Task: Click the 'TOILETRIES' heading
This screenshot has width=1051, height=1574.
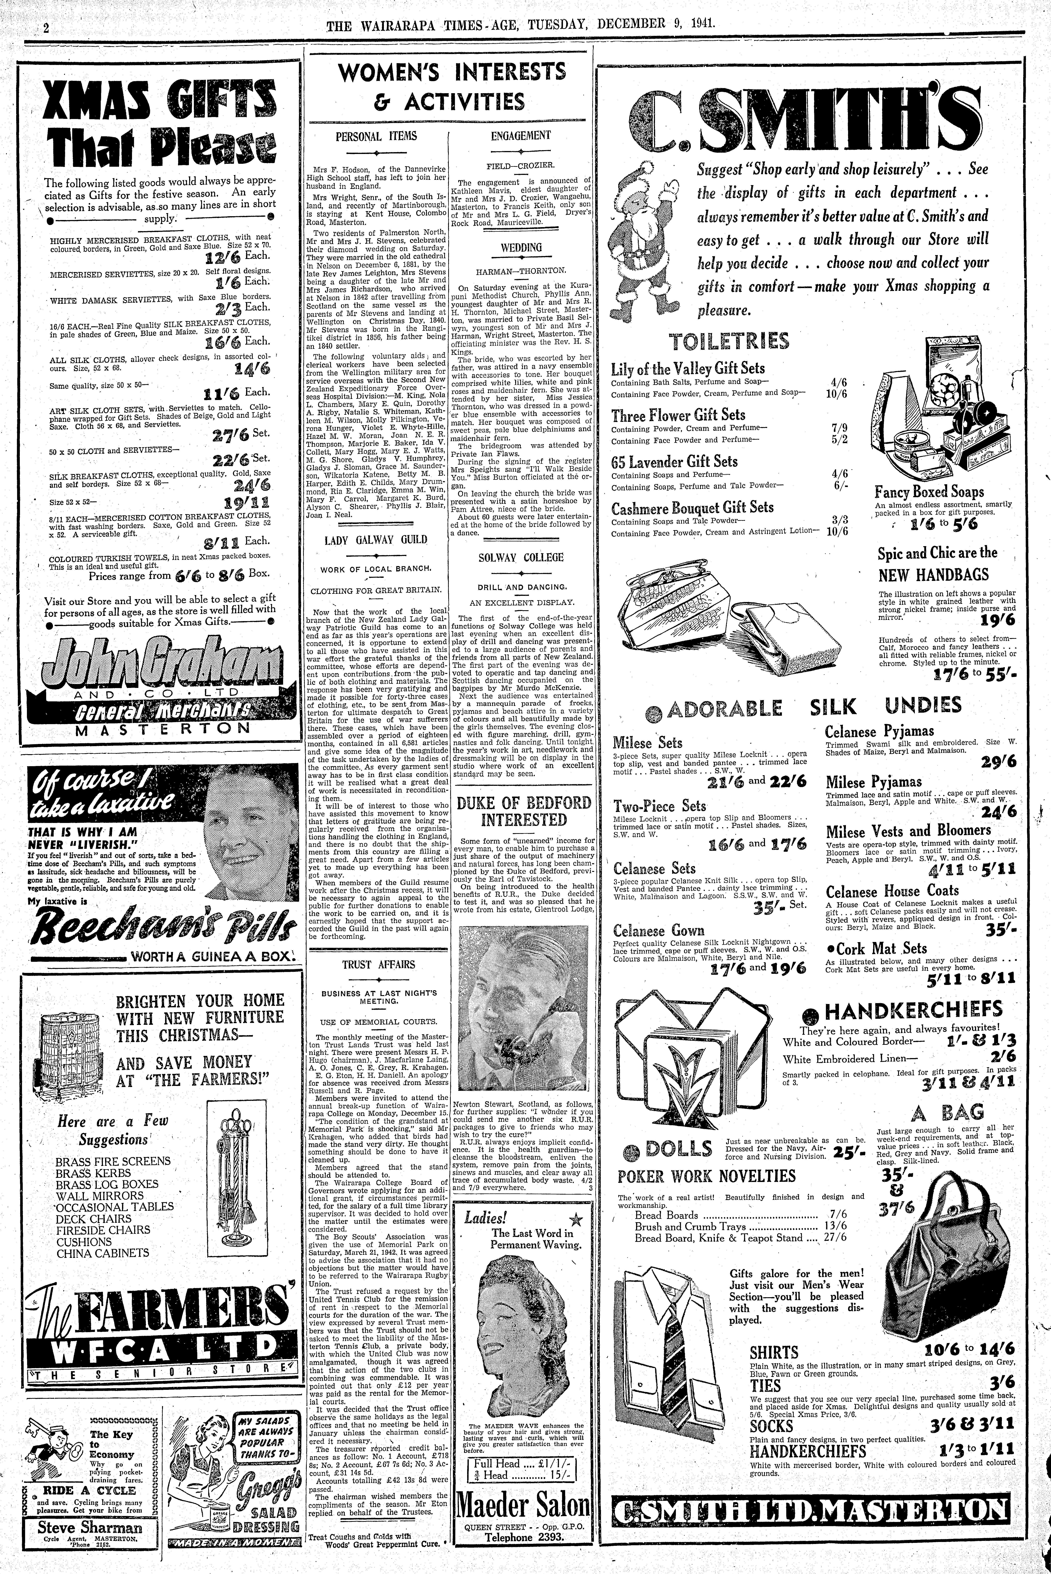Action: [730, 341]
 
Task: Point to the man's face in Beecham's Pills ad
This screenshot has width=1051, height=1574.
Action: [249, 821]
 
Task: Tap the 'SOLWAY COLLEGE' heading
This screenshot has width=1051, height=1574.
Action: [521, 557]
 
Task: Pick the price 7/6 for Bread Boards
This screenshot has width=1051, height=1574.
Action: [837, 1215]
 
